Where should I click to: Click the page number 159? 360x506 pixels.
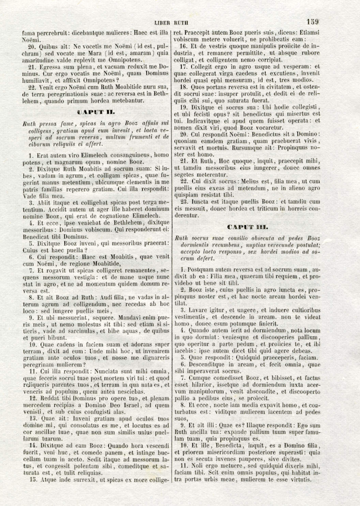click(312, 22)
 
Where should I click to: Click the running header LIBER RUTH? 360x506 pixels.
click(171, 23)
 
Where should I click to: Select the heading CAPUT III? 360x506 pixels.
click(247, 227)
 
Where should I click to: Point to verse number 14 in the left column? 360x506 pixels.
click(33, 445)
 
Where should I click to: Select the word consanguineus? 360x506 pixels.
click(130, 155)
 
